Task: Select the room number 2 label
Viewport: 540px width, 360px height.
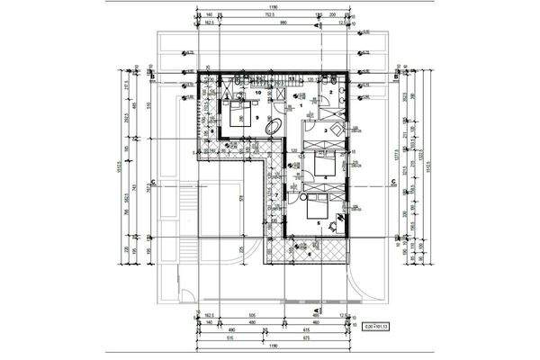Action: [x=330, y=93]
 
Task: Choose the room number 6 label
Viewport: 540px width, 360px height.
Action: [x=309, y=254]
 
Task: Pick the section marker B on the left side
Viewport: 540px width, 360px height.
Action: [x=154, y=77]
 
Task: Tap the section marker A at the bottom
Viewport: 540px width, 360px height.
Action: [x=316, y=310]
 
